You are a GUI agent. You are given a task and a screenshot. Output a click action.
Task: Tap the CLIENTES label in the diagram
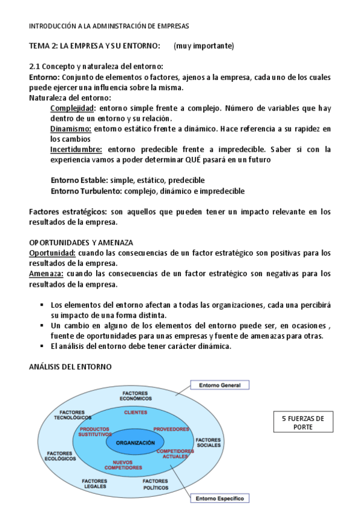point(135,412)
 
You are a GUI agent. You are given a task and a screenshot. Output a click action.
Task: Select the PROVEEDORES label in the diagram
point(171,429)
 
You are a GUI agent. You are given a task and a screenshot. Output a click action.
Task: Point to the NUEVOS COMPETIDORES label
point(123,464)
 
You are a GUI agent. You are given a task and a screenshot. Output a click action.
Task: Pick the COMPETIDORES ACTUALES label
point(175,453)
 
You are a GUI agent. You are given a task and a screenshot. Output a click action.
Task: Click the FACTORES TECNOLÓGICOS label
point(73,414)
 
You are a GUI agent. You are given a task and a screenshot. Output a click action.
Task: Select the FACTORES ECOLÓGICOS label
point(61,455)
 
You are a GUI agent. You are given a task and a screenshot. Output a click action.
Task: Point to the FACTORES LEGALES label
point(94,484)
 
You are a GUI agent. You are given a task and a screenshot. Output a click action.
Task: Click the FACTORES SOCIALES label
point(208,442)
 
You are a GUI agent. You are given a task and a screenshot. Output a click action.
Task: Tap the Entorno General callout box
point(219,384)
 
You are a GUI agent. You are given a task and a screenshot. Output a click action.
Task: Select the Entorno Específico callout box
point(219,498)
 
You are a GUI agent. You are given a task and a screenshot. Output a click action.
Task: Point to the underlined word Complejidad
point(73,108)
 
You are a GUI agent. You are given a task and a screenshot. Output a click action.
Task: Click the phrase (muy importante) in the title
point(204,46)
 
